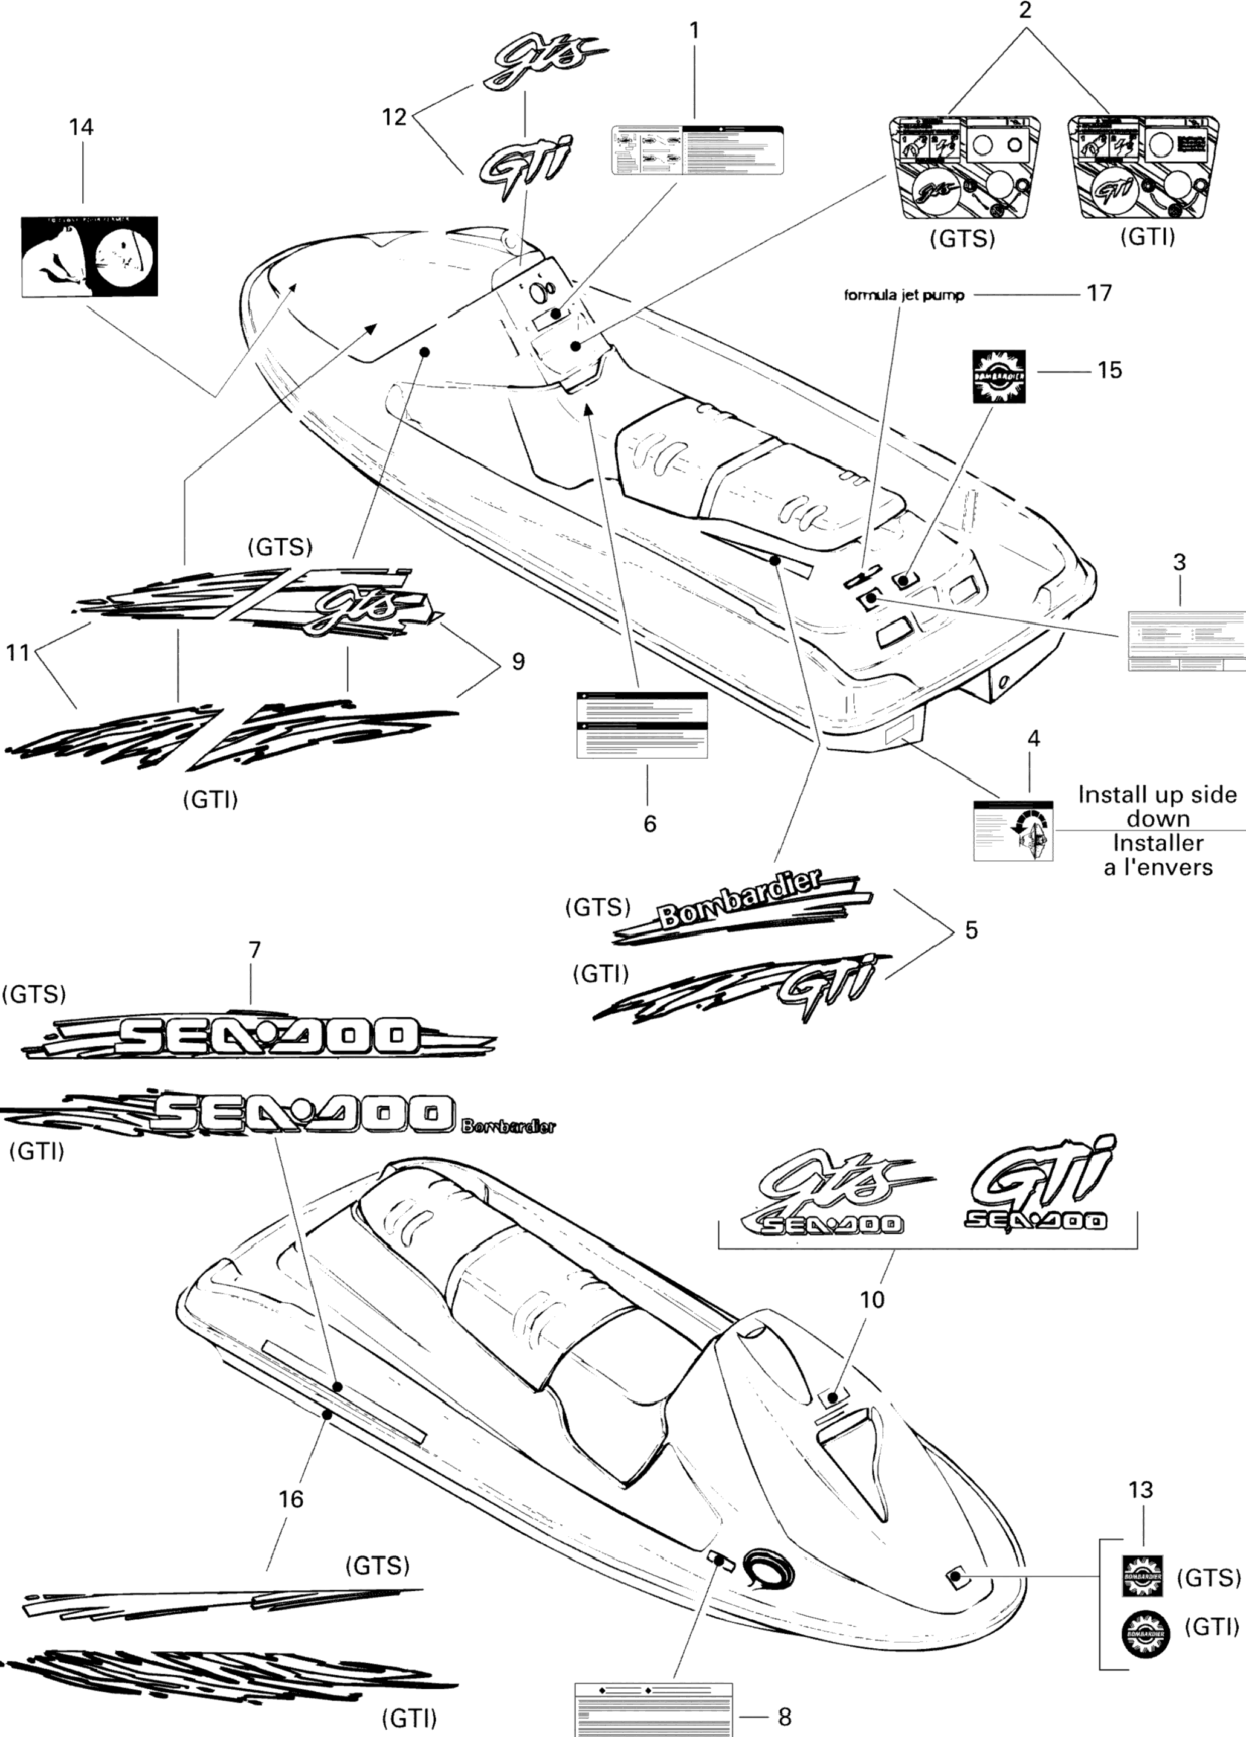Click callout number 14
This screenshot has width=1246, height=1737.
[x=81, y=127]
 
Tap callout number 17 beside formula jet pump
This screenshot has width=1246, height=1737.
[x=1099, y=294]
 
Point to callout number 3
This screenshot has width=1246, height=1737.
[x=1180, y=562]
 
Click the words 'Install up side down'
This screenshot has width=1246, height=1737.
[x=1157, y=807]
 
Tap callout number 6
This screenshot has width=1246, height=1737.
[x=650, y=823]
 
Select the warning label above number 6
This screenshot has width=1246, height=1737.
[x=642, y=724]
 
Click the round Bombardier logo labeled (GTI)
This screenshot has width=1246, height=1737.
[x=1146, y=1635]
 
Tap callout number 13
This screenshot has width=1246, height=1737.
[x=1140, y=1490]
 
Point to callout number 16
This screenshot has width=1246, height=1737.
[x=291, y=1499]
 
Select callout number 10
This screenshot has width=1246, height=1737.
[x=873, y=1300]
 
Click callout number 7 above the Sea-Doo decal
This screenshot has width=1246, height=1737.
[x=254, y=950]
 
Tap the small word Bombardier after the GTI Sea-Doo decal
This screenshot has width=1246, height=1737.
[x=509, y=1126]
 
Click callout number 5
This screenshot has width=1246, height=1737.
[x=971, y=930]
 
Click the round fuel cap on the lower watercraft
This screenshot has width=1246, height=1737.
[x=767, y=1567]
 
